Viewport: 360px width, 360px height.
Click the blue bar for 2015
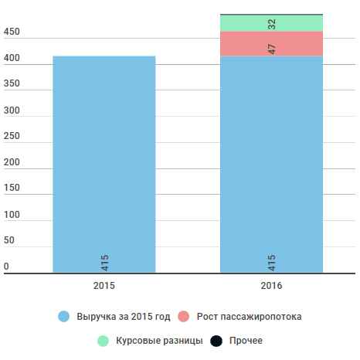104,165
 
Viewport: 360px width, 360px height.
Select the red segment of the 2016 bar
271,44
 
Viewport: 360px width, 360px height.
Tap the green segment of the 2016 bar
271,23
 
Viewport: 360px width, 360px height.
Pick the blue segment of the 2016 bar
271,165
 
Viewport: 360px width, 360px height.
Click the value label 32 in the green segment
272,24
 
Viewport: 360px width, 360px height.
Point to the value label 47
272,49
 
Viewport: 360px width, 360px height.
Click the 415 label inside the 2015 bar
104,263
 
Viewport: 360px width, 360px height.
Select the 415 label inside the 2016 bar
272,263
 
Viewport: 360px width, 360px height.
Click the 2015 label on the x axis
104,286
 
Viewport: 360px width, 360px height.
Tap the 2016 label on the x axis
271,286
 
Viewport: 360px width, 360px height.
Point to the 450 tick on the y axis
12,32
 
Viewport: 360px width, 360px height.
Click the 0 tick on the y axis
6,267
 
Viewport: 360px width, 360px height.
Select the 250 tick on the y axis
12,136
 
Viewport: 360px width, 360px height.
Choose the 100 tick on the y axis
12,215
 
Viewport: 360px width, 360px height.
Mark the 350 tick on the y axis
12,83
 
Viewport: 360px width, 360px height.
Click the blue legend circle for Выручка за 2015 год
64,317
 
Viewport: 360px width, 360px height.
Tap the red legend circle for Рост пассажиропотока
184,317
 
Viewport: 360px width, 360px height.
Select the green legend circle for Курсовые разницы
104,341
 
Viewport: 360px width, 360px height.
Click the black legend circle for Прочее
216,341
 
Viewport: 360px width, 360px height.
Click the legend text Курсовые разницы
159,341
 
